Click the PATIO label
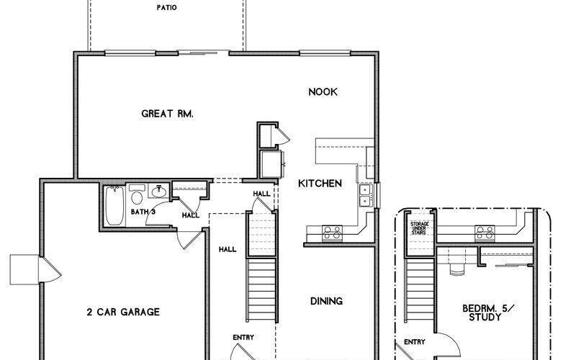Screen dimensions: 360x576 167,9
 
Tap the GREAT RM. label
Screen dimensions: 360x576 168,114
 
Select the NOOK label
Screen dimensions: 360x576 323,92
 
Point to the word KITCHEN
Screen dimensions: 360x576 320,184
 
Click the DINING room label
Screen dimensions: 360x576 326,301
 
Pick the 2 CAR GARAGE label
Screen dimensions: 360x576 123,312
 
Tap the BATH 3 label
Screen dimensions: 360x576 143,212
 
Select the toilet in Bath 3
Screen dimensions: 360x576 137,197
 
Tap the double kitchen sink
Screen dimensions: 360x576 366,194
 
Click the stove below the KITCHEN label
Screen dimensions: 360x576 331,232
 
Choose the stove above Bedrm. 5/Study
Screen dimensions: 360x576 481,232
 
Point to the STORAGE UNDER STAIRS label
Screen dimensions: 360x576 420,228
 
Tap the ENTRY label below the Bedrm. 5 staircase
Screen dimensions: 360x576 414,342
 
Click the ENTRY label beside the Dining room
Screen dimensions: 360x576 243,337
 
